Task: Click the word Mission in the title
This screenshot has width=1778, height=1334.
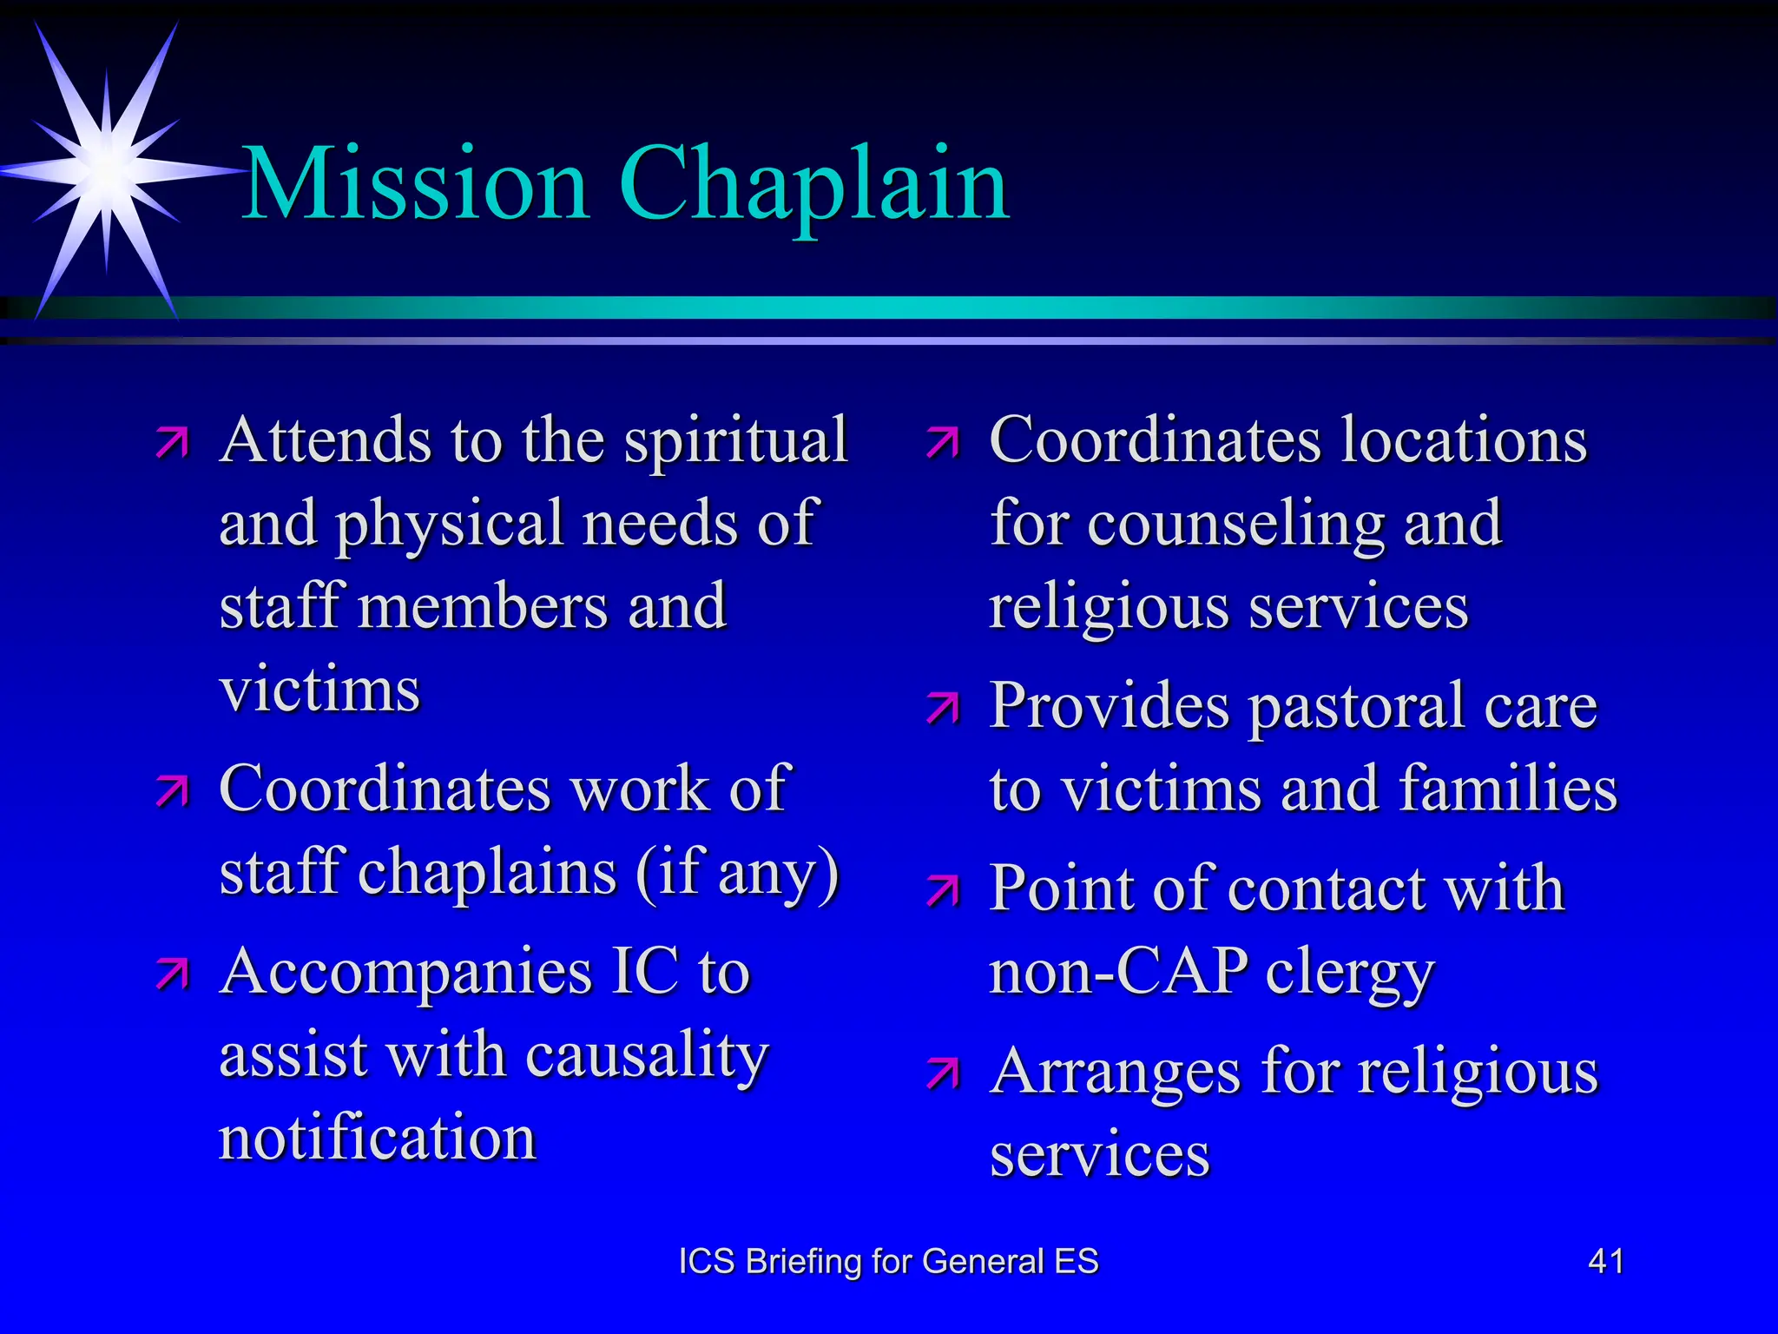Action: [x=416, y=184]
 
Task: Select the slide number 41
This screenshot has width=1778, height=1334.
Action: [x=1605, y=1261]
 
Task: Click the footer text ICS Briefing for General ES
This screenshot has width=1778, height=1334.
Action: [x=888, y=1261]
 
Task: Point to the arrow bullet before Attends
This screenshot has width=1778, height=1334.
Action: [x=172, y=442]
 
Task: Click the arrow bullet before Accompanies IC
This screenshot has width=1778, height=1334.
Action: [x=172, y=974]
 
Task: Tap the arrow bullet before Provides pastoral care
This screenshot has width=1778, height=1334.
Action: [x=943, y=708]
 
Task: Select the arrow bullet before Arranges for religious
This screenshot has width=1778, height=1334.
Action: [x=943, y=1073]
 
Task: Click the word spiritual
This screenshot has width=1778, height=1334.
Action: [x=735, y=440]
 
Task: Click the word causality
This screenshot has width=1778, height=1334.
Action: [x=647, y=1055]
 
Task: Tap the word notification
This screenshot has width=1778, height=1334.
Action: [x=378, y=1138]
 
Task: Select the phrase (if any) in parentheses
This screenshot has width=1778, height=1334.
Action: [x=737, y=872]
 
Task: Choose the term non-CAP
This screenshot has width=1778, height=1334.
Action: [x=1119, y=971]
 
